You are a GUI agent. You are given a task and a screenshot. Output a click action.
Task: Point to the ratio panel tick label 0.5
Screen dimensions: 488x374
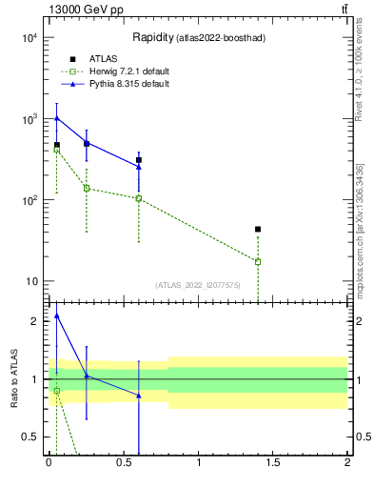coord(30,437)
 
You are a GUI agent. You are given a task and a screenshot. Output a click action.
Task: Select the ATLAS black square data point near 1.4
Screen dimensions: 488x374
coord(258,229)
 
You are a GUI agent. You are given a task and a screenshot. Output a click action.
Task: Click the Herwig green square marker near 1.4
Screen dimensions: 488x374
coord(258,261)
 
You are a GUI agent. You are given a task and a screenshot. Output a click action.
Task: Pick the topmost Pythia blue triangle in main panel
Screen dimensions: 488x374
coord(56,118)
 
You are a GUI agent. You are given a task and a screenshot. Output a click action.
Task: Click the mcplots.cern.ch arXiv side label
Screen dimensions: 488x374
coord(360,229)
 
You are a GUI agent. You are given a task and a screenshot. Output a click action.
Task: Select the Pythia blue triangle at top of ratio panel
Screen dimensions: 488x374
coord(56,315)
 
